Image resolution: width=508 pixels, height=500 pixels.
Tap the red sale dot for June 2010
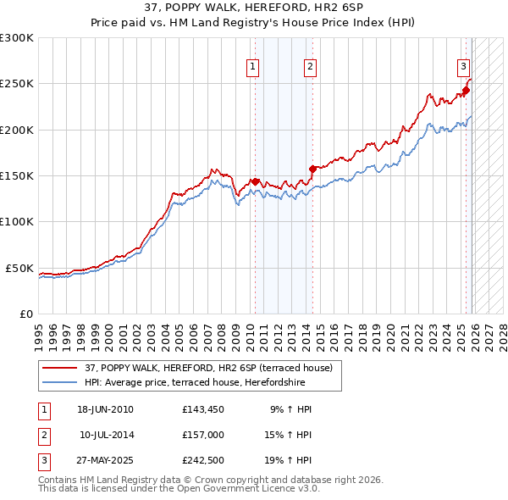click(255, 181)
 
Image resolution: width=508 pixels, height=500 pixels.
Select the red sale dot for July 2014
click(312, 169)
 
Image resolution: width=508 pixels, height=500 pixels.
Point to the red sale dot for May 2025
click(466, 91)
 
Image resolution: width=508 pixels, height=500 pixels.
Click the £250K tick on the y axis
click(16, 84)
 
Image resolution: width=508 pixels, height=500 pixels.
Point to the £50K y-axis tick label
click(19, 268)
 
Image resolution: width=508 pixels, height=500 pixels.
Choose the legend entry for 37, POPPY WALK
click(213, 368)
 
